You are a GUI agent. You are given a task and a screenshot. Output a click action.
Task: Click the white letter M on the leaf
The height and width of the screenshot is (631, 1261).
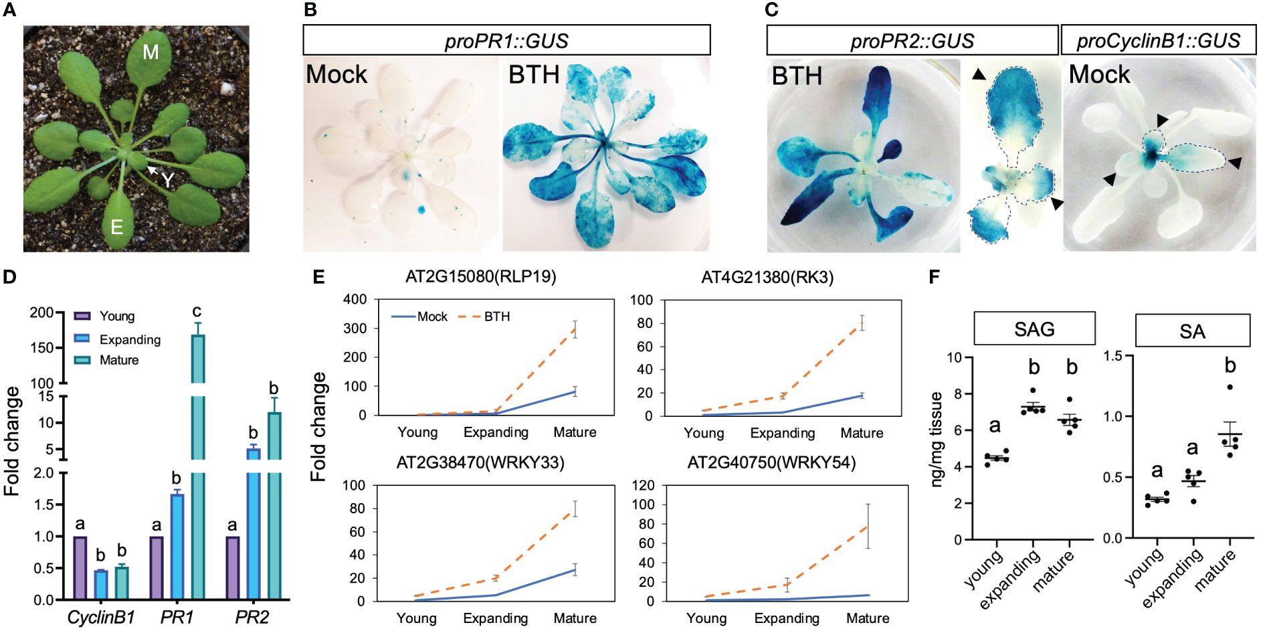click(151, 52)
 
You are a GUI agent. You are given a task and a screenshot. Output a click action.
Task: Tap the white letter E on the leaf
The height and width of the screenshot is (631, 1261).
click(117, 227)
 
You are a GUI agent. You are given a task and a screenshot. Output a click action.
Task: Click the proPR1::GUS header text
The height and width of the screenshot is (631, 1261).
click(506, 41)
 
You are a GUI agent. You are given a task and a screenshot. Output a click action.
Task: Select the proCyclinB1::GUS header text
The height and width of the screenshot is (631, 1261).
click(1158, 41)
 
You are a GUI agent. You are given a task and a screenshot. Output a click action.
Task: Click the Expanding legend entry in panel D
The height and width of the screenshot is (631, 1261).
click(130, 339)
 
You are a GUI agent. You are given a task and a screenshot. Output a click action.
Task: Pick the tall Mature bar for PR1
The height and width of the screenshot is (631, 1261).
click(198, 468)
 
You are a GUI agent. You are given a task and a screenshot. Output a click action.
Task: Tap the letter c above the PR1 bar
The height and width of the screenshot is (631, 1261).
click(197, 311)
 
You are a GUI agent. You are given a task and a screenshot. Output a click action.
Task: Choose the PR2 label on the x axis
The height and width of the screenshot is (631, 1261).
click(252, 618)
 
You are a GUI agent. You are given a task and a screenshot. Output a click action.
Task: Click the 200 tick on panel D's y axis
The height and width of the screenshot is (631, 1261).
click(41, 312)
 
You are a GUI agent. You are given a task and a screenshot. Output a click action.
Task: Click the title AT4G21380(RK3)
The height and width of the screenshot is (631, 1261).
click(767, 277)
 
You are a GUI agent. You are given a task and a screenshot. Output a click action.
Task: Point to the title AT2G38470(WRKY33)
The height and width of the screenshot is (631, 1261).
click(480, 462)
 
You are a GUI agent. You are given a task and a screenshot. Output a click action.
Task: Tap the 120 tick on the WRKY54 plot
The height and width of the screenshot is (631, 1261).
click(644, 485)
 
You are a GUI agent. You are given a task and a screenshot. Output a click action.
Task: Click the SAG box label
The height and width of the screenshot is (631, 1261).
click(1034, 329)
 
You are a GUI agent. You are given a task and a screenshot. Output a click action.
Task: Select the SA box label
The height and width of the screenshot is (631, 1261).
click(1192, 331)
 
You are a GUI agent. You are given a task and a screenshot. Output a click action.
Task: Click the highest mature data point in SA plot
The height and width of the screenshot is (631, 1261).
click(1230, 387)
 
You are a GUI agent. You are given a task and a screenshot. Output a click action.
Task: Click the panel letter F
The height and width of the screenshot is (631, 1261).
click(936, 276)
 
